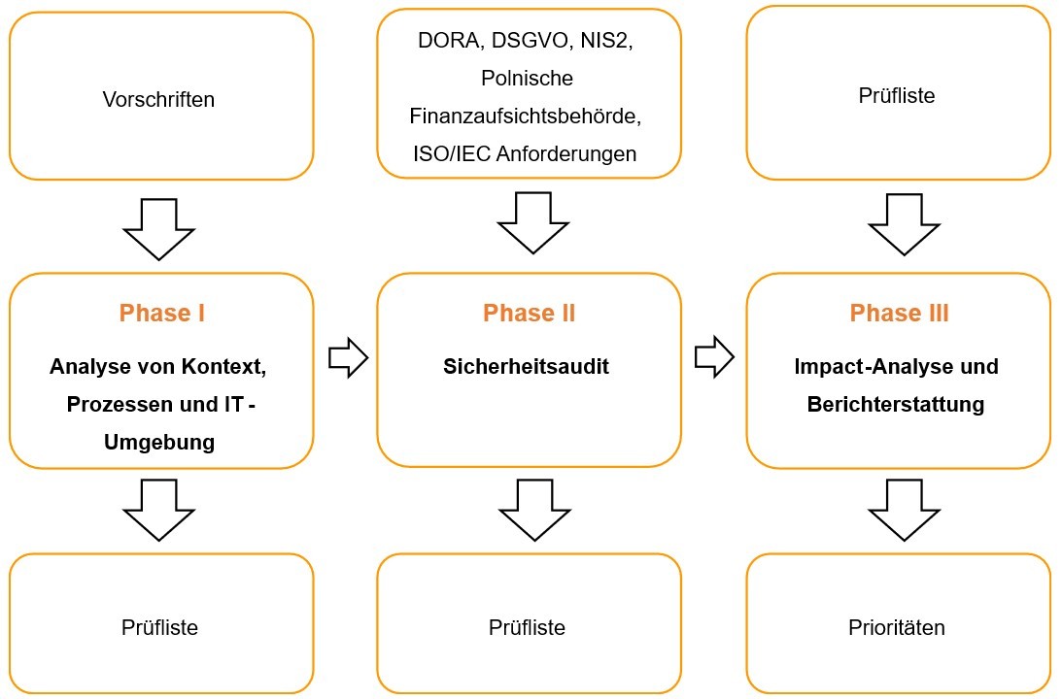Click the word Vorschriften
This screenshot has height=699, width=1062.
158,99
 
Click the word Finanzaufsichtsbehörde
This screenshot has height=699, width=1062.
527,116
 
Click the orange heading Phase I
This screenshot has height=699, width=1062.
161,313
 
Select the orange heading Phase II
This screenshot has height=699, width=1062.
529,313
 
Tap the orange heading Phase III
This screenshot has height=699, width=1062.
899,313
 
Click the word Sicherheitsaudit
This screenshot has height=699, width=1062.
527,367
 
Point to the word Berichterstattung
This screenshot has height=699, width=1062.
896,404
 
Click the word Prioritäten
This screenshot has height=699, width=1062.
896,627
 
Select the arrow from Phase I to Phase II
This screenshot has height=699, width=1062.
348,358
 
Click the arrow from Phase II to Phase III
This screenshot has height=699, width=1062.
714,358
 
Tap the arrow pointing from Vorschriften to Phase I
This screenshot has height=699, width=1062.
158,229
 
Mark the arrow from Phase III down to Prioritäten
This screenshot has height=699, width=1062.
904,510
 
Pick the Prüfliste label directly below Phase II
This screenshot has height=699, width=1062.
527,627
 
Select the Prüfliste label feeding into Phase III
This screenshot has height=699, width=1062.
896,96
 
